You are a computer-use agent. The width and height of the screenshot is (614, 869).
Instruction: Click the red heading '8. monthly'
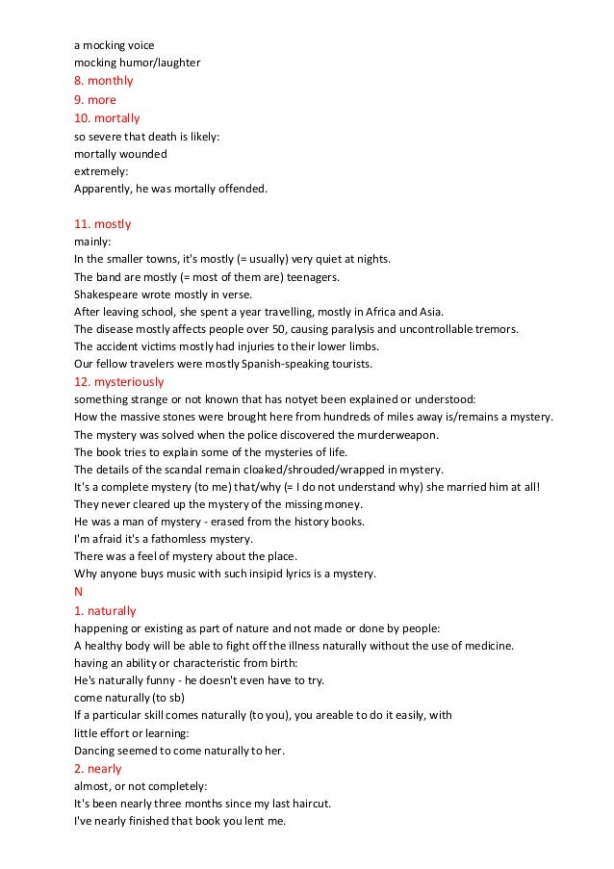(104, 81)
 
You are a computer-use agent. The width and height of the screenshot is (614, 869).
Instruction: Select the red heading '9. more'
(95, 99)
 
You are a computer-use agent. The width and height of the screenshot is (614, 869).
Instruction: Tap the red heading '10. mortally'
(107, 118)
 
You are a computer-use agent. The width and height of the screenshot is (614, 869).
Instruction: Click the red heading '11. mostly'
(102, 224)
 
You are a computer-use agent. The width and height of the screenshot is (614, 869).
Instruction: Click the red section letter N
(79, 592)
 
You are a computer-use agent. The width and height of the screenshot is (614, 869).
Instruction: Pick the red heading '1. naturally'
(105, 611)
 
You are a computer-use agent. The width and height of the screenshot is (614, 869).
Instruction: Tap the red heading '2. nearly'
(98, 769)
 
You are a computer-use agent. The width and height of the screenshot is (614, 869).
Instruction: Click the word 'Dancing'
(95, 751)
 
